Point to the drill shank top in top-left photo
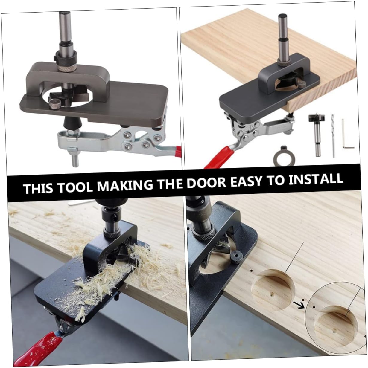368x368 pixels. (x=64, y=22)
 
